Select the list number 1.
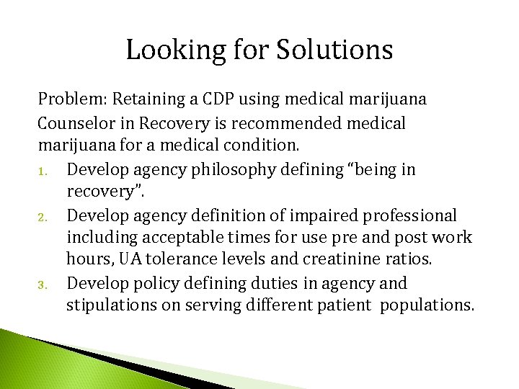pyautogui.click(x=43, y=170)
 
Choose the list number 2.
pyautogui.click(x=43, y=216)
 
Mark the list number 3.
pyautogui.click(x=43, y=285)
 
